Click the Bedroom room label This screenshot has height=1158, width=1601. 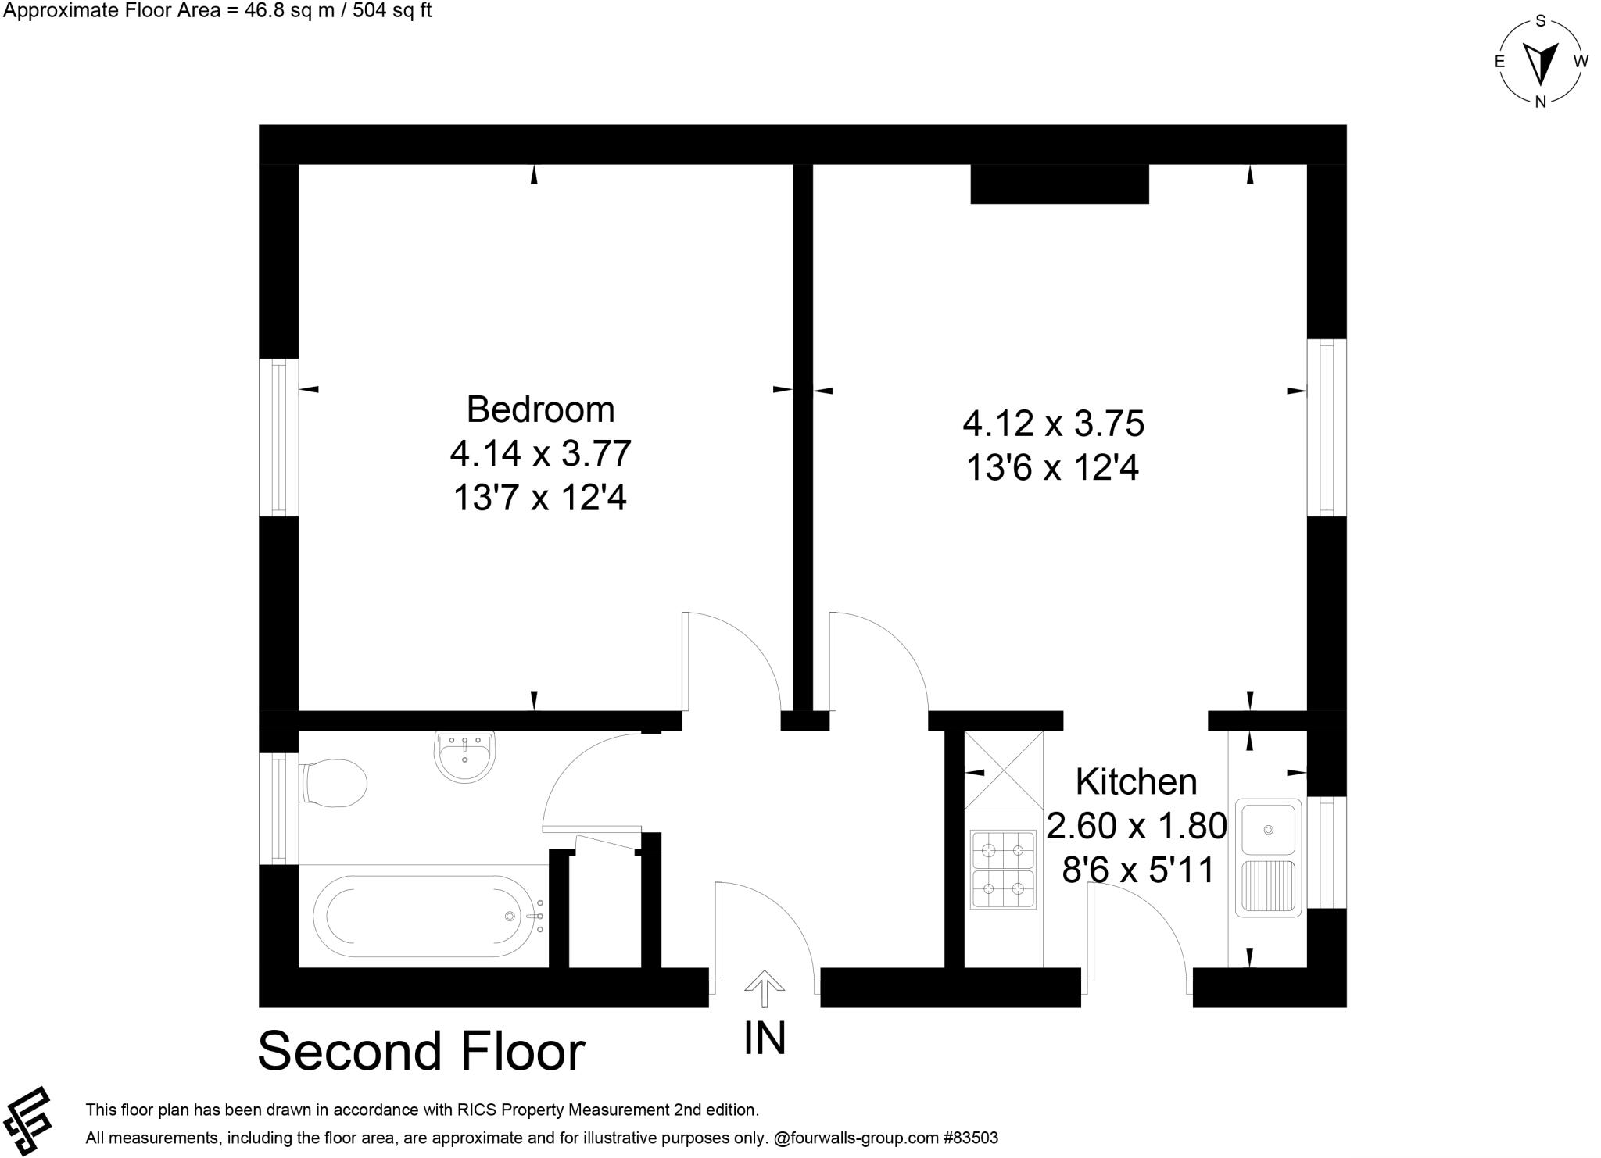(x=540, y=409)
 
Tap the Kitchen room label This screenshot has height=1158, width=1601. (x=1136, y=782)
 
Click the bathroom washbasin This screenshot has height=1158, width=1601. (x=464, y=756)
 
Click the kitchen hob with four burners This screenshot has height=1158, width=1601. (x=1003, y=870)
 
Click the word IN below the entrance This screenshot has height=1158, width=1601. (x=765, y=1038)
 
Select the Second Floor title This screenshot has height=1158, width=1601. (x=421, y=1052)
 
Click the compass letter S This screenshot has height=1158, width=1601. (x=1541, y=21)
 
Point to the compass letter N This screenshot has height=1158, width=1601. (x=1541, y=102)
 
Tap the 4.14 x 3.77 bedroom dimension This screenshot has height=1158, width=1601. (x=540, y=453)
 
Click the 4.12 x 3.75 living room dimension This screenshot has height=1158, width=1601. (x=1053, y=424)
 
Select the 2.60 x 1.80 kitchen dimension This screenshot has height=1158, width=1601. (x=1136, y=826)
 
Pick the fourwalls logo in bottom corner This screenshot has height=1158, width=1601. (x=27, y=1119)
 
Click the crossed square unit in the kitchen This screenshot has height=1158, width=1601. (x=1004, y=770)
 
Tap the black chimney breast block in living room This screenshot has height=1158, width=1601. (x=1059, y=184)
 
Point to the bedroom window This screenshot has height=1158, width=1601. (x=278, y=438)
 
